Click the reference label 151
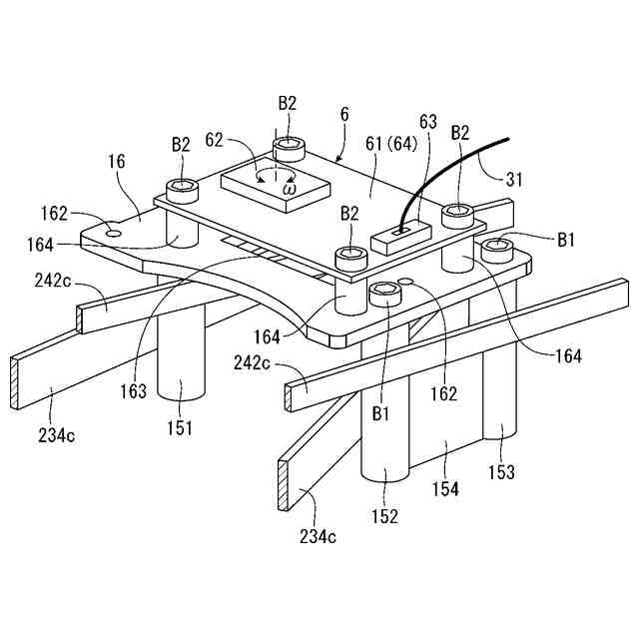coord(180,428)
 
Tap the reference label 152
coord(384,516)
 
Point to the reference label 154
coord(445,489)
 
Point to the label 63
coord(428,123)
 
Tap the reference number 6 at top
coord(343,115)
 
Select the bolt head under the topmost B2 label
coord(289,147)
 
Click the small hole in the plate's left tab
coord(111,232)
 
